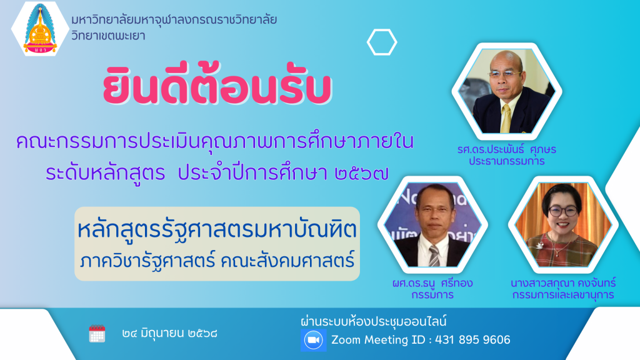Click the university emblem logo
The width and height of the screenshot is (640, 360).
click(x=40, y=29)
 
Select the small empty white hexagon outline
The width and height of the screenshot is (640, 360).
click(x=382, y=42)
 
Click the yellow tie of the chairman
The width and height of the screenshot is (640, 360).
click(x=506, y=118)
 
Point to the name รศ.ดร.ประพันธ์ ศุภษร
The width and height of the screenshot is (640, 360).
click(x=506, y=149)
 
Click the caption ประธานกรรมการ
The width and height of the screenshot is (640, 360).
click(x=506, y=161)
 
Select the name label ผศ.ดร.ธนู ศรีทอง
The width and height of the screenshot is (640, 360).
click(x=432, y=283)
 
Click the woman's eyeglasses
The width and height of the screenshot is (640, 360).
click(x=563, y=211)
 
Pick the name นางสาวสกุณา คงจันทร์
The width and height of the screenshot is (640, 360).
click(x=563, y=283)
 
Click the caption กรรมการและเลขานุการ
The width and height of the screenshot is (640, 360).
click(x=563, y=295)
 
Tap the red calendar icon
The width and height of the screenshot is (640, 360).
click(x=97, y=334)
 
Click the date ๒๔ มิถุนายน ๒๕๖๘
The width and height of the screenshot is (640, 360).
click(x=169, y=334)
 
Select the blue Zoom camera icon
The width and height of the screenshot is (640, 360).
click(x=314, y=340)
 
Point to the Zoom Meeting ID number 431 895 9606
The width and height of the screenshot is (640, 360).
click(x=472, y=339)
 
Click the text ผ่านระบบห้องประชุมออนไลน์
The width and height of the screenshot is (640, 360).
click(x=374, y=321)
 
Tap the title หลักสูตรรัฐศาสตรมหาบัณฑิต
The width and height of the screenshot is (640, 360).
click(x=217, y=229)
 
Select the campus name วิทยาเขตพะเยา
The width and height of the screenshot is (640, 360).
click(x=108, y=36)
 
